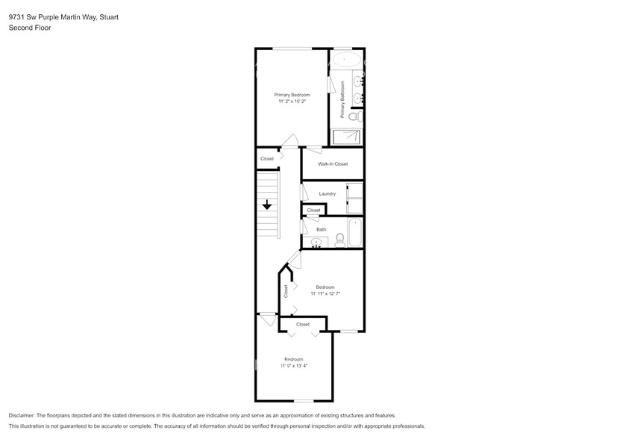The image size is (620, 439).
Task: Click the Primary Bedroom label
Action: click(292, 95)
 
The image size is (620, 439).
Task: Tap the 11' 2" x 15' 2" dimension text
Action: click(292, 102)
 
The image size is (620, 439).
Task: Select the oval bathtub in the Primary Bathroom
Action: click(345, 59)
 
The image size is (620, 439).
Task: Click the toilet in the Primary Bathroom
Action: click(354, 116)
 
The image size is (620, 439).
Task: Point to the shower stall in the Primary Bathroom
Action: click(346, 137)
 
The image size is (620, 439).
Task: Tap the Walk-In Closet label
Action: click(332, 164)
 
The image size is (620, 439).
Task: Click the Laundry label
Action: click(327, 193)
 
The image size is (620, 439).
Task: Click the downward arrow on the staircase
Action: click(266, 205)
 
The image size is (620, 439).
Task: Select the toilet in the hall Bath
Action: click(340, 239)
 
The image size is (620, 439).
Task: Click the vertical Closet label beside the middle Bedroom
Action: click(285, 291)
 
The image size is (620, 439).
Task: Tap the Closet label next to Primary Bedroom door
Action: click(266, 158)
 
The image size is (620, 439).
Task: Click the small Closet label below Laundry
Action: click(313, 211)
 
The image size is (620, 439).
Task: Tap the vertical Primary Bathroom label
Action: click(342, 99)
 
